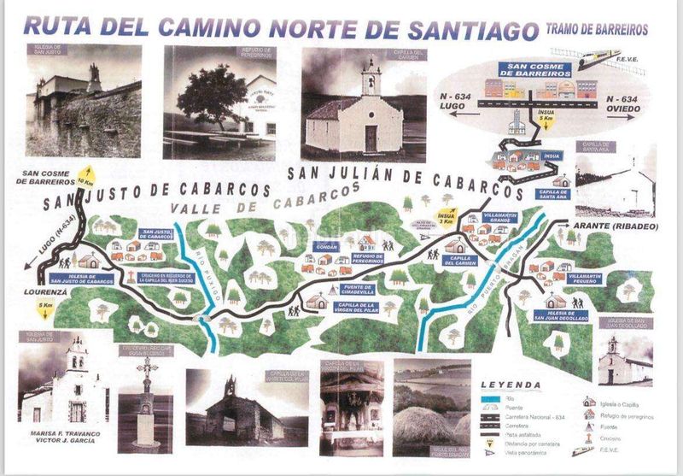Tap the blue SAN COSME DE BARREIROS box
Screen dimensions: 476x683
pyautogui.click(x=540, y=69)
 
